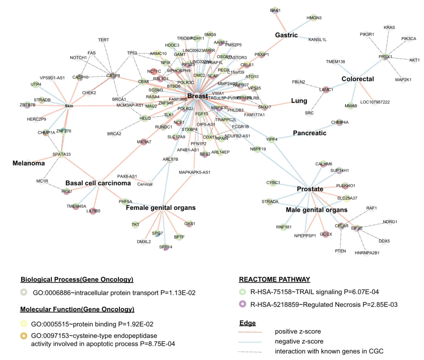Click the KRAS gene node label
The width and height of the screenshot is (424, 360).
coord(389,28)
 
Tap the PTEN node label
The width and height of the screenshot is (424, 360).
coord(340,251)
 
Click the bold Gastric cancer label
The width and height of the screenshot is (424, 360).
coord(286,35)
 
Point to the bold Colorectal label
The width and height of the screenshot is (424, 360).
coord(357,79)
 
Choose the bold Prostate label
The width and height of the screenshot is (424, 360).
coord(310,189)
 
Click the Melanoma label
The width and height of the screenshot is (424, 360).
coord(29,163)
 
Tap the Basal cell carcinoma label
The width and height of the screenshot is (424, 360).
coord(98,183)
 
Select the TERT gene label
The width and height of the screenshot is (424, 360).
coord(104,40)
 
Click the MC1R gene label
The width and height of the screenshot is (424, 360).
coord(42,181)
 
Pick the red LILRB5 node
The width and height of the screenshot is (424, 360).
coord(93,211)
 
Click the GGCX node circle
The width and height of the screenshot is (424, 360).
coord(326,234)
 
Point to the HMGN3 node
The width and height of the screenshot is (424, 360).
coord(314,18)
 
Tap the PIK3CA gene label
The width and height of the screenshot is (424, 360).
coord(409,39)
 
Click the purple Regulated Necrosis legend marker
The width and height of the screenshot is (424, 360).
coord(243,304)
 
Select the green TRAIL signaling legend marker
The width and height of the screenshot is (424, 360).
coord(243,292)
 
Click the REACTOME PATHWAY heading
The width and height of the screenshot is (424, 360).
coord(274,280)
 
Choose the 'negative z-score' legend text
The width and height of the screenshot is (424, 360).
coord(299,342)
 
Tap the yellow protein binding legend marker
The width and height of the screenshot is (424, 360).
coord(24,324)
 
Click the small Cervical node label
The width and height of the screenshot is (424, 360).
coord(145,184)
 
